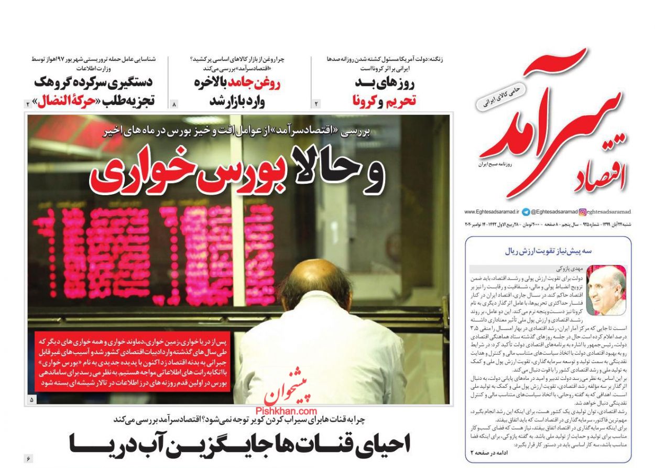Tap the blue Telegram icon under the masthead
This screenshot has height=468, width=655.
pyautogui.click(x=526, y=212)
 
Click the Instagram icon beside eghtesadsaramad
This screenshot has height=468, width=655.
pyautogui.click(x=582, y=212)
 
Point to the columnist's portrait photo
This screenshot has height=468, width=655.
pyautogui.click(x=606, y=290)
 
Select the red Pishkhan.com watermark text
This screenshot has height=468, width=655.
pyautogui.click(x=287, y=412)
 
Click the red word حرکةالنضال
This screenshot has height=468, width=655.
pyautogui.click(x=67, y=101)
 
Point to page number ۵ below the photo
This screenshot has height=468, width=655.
pyautogui.click(x=32, y=400)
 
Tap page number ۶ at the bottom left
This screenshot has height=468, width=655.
pyautogui.click(x=28, y=459)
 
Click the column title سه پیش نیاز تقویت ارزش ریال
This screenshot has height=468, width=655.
pyautogui.click(x=548, y=251)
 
